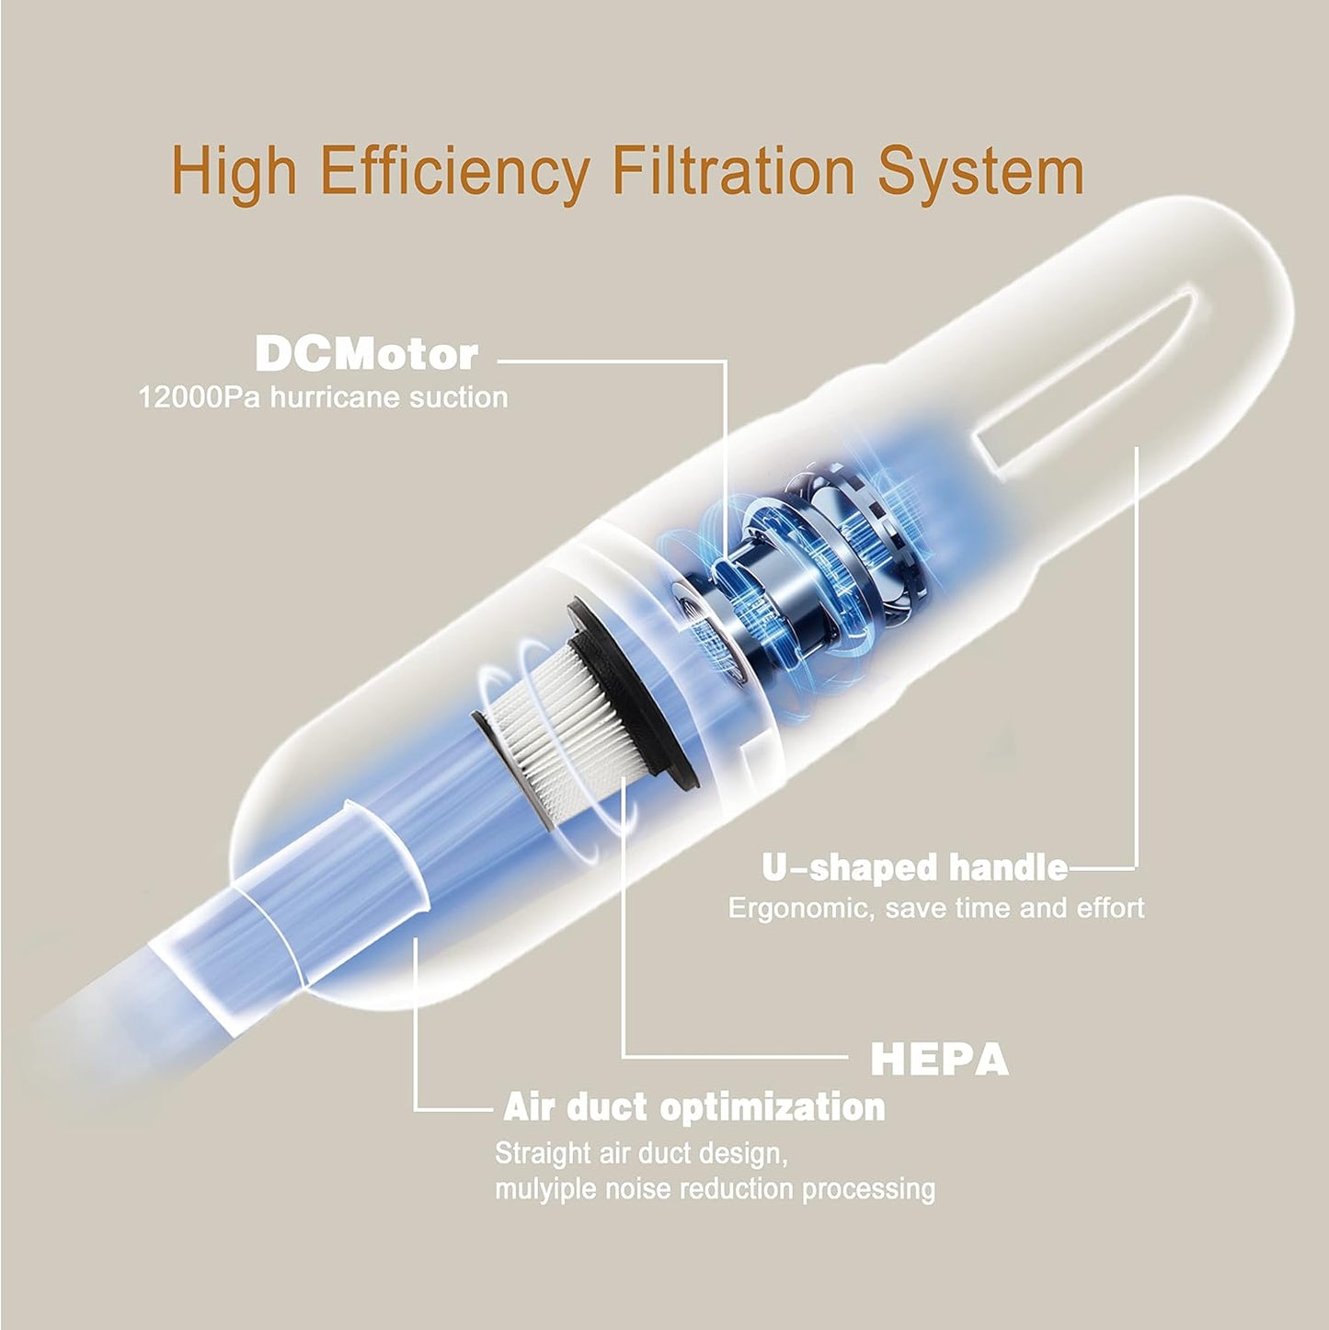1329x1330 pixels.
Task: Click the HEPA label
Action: [939, 1060]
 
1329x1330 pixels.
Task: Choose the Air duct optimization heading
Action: [694, 1106]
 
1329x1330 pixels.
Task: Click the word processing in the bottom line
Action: [869, 1188]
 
